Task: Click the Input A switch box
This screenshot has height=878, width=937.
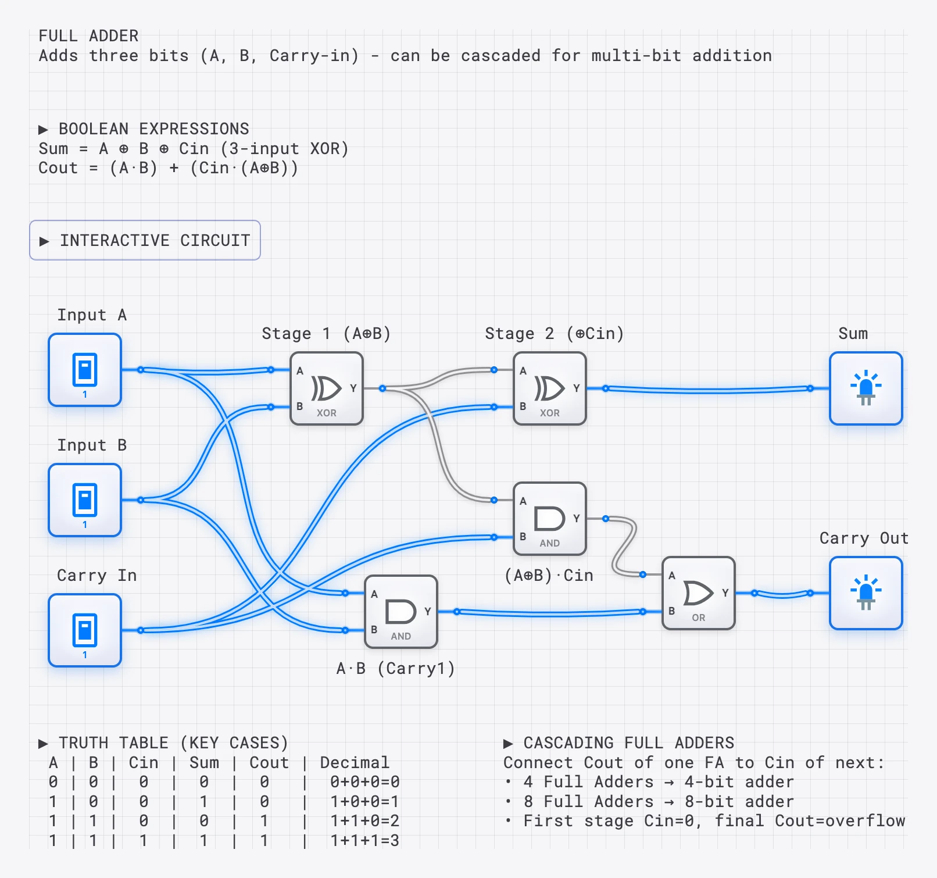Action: [x=85, y=370]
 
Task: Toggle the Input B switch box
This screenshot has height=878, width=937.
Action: [x=85, y=500]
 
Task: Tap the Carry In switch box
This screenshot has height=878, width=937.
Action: [x=85, y=630]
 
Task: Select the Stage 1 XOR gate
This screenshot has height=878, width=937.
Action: [x=327, y=388]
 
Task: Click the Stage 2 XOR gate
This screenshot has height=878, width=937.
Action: [x=550, y=388]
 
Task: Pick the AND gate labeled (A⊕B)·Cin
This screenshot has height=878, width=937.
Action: [x=550, y=519]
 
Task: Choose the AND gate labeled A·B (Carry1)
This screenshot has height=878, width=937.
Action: [x=401, y=612]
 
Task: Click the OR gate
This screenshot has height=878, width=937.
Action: [x=699, y=593]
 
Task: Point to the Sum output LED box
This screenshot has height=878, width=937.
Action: [x=866, y=388]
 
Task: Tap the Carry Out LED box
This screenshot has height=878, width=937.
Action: [x=866, y=593]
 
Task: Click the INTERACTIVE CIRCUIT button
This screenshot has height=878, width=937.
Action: [x=145, y=240]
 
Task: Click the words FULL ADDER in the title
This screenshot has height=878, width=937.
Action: [x=88, y=36]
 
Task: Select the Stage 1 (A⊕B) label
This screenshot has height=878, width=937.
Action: [x=326, y=334]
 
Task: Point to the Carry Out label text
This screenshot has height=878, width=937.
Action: [x=864, y=538]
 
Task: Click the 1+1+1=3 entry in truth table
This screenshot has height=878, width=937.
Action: [x=364, y=840]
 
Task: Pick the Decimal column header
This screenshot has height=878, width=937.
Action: [x=355, y=762]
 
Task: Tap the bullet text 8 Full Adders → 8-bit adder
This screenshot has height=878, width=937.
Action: [x=658, y=801]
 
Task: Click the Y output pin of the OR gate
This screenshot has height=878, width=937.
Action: [x=725, y=593]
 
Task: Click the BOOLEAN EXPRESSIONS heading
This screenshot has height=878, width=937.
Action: [x=153, y=129]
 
